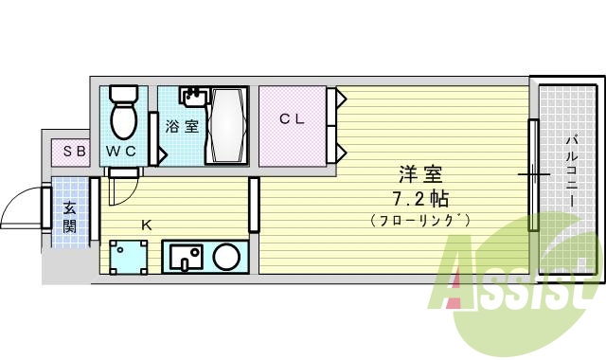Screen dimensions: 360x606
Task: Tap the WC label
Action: coord(120,152)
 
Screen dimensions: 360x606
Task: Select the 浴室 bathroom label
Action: coord(182,126)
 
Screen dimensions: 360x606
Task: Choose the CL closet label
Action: coord(291,118)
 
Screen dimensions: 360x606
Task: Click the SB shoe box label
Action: coord(74,151)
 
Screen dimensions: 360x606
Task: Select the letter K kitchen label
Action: coord(146,225)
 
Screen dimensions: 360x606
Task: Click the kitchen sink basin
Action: coord(187,257)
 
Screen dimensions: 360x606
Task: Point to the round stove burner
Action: coord(226,257)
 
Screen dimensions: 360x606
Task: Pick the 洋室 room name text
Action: coord(420,175)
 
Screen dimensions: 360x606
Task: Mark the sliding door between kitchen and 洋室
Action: coord(254,204)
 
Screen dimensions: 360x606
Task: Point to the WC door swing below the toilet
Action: coord(121,188)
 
